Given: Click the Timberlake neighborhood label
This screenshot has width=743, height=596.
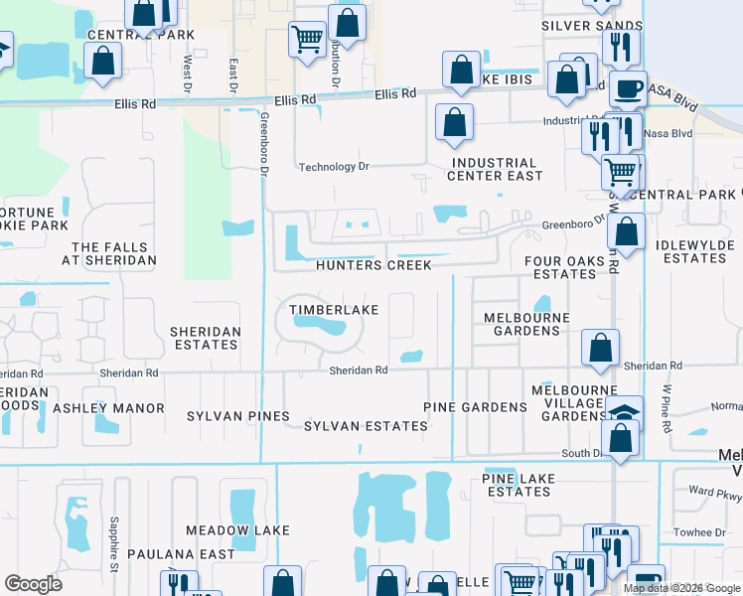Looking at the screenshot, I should [x=334, y=310].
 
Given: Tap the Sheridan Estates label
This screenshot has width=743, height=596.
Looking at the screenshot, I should [x=204, y=338].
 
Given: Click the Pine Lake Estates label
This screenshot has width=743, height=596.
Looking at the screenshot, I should [x=517, y=485].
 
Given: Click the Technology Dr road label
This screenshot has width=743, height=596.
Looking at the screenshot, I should [x=334, y=167].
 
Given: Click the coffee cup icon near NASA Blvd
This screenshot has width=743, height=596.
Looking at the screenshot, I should [x=627, y=87].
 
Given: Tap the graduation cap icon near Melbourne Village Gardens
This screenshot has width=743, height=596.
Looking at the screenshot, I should [x=623, y=412].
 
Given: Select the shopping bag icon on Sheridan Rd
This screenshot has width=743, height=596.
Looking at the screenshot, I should [x=600, y=348].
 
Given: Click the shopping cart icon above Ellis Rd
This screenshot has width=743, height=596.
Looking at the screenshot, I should [x=307, y=40].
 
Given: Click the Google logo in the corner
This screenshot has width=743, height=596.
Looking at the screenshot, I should [x=33, y=584].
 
